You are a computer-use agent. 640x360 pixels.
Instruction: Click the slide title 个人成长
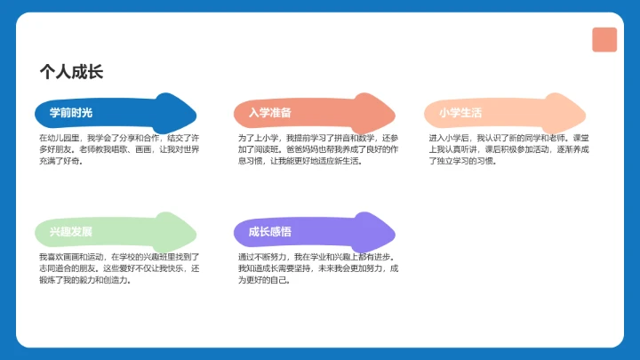71,72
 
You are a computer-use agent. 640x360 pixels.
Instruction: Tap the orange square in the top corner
604,40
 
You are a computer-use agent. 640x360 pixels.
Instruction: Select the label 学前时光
71,113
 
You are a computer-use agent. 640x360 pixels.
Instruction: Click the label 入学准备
270,113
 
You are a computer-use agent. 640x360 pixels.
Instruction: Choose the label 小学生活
460,113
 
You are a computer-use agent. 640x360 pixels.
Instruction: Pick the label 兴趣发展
71,233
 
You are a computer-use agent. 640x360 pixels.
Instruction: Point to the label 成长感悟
270,233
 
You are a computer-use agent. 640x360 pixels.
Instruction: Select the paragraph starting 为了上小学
318,150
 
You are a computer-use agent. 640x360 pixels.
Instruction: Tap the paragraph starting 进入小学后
508,150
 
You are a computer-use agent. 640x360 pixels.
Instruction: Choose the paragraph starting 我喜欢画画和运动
119,268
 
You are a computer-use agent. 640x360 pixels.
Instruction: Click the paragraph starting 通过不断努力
318,268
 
